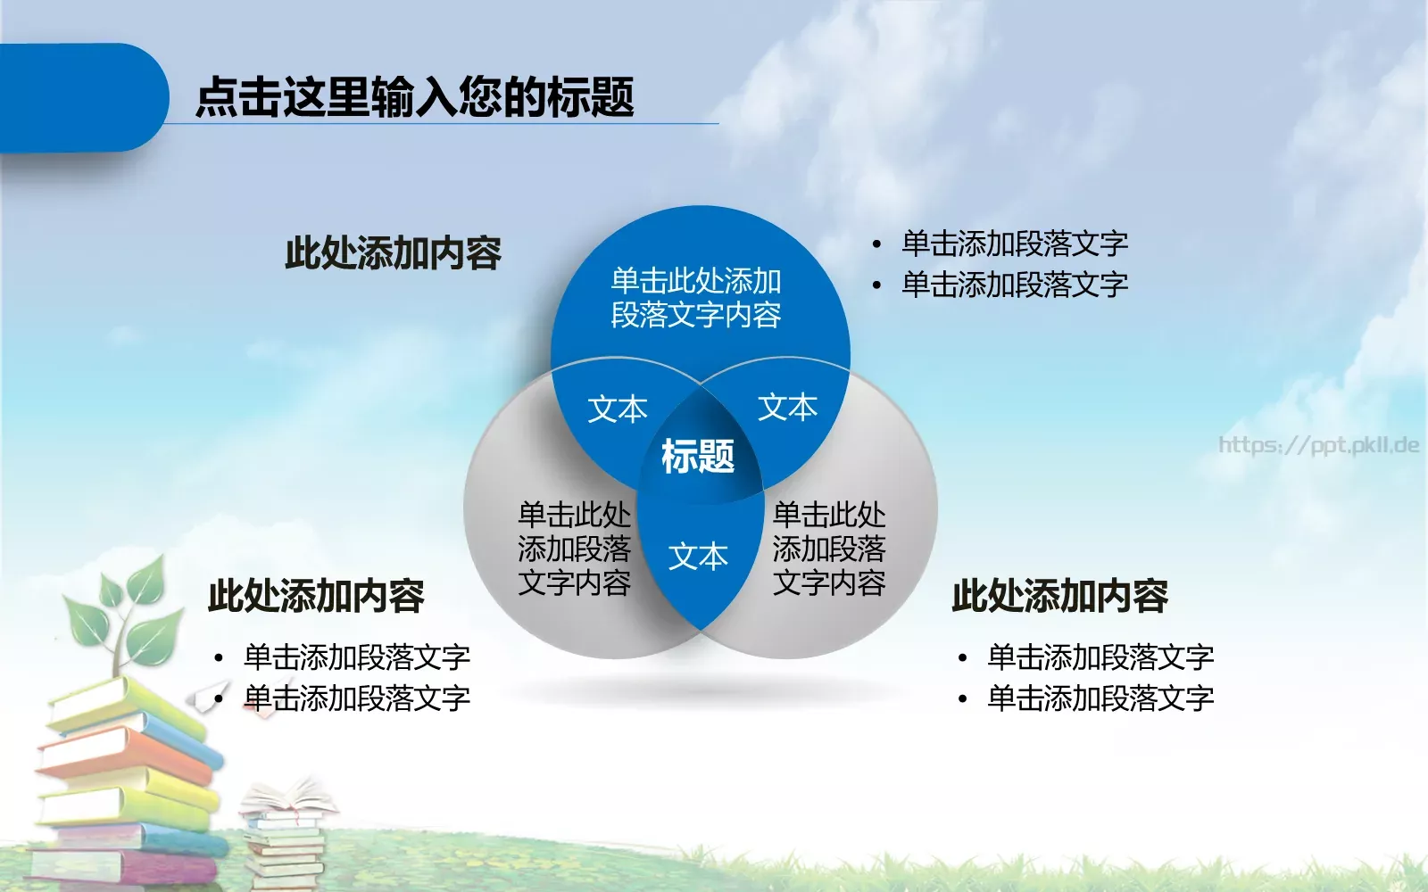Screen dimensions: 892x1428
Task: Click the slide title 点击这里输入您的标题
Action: (414, 96)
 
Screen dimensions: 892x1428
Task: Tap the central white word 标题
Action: (697, 457)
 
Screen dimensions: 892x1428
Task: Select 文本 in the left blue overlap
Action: (617, 409)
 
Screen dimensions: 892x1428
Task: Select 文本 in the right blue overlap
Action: (787, 407)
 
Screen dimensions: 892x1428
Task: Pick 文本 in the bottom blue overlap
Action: (698, 557)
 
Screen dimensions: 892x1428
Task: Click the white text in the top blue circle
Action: (696, 298)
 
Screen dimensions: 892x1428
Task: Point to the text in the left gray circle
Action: (574, 549)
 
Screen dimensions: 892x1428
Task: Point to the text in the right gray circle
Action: (828, 549)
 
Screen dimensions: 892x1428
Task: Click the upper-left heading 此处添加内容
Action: (393, 253)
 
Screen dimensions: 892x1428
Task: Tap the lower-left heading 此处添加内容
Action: (316, 596)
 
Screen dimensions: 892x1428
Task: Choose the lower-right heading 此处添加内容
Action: (1059, 596)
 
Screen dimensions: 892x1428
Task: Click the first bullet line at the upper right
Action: (1014, 244)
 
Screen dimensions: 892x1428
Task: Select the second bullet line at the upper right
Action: (1014, 285)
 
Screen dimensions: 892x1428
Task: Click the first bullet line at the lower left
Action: (356, 657)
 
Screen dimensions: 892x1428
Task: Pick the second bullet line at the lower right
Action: (1100, 698)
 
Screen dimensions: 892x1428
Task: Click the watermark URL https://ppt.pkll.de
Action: (1318, 444)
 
